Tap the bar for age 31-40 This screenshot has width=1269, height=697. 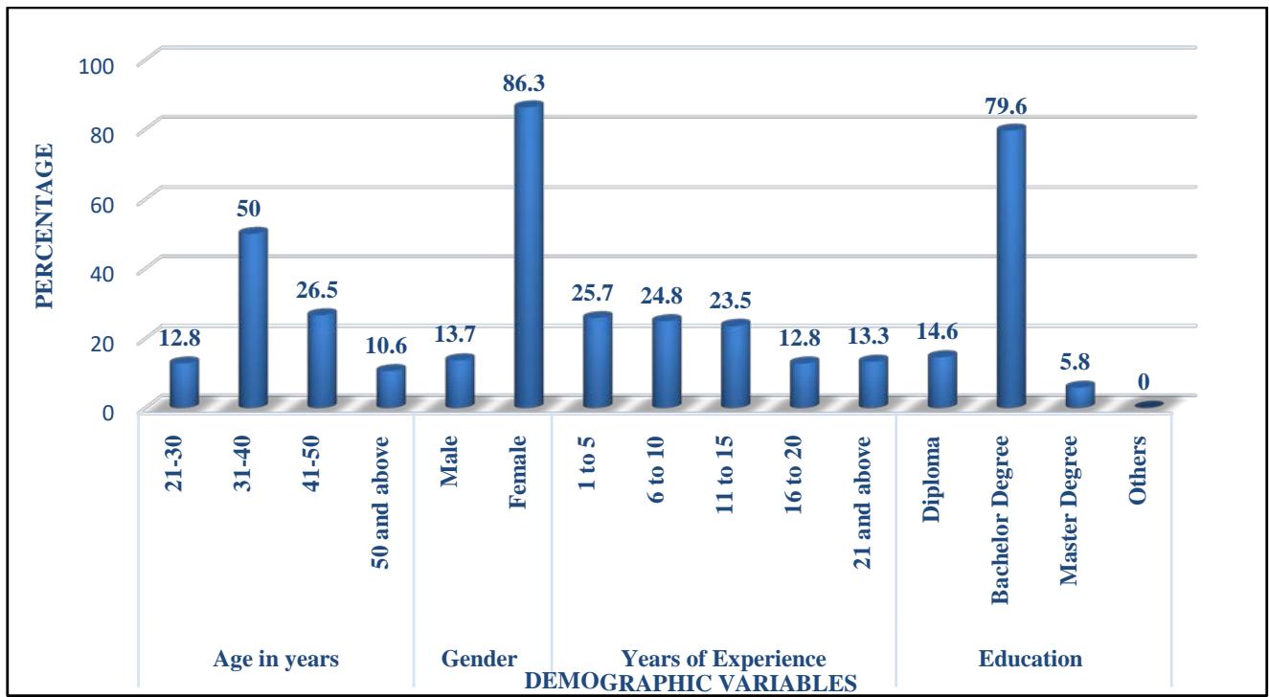(253, 320)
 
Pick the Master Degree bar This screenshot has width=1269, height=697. (1079, 394)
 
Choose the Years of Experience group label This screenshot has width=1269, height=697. (723, 659)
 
